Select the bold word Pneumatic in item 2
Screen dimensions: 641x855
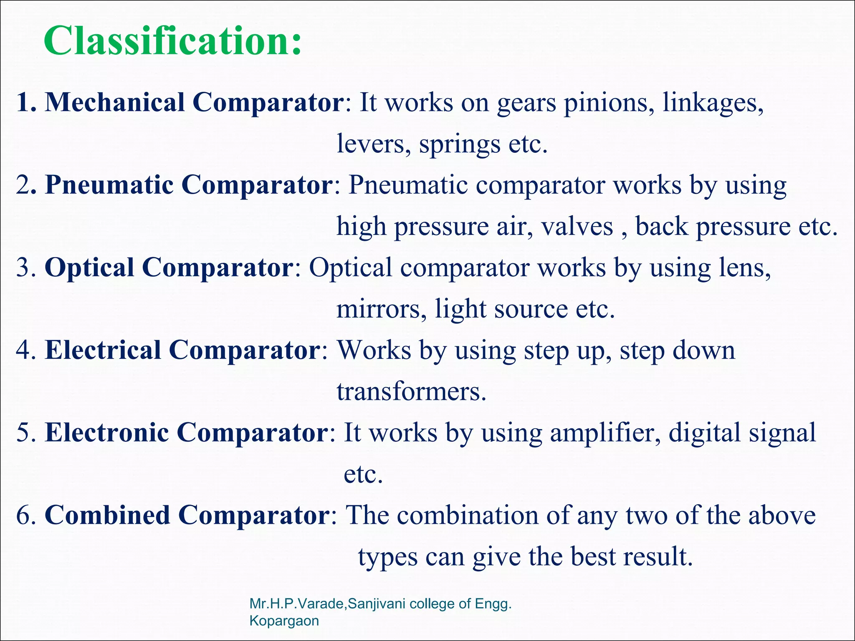coord(109,185)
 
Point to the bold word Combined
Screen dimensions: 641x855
coord(107,515)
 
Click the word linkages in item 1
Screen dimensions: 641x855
coord(713,103)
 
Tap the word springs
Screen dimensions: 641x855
coord(459,144)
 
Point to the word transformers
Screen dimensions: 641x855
coord(412,392)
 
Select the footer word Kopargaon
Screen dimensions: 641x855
coord(284,621)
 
